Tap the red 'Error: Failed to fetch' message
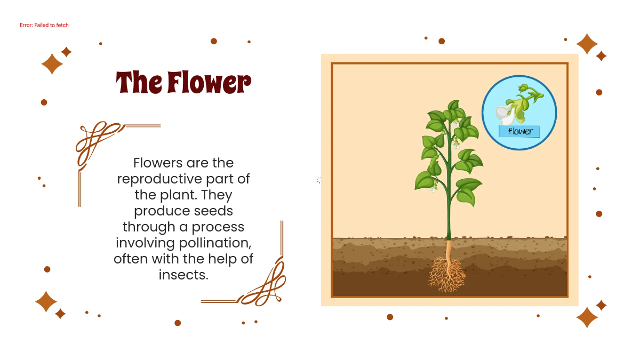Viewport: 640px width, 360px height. [44, 25]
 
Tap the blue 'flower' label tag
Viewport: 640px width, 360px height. [519, 131]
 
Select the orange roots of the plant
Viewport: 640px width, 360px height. [447, 275]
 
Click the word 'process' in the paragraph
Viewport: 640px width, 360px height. [218, 227]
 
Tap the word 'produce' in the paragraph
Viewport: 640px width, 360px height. [161, 211]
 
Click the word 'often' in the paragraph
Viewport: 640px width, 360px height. [129, 259]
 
